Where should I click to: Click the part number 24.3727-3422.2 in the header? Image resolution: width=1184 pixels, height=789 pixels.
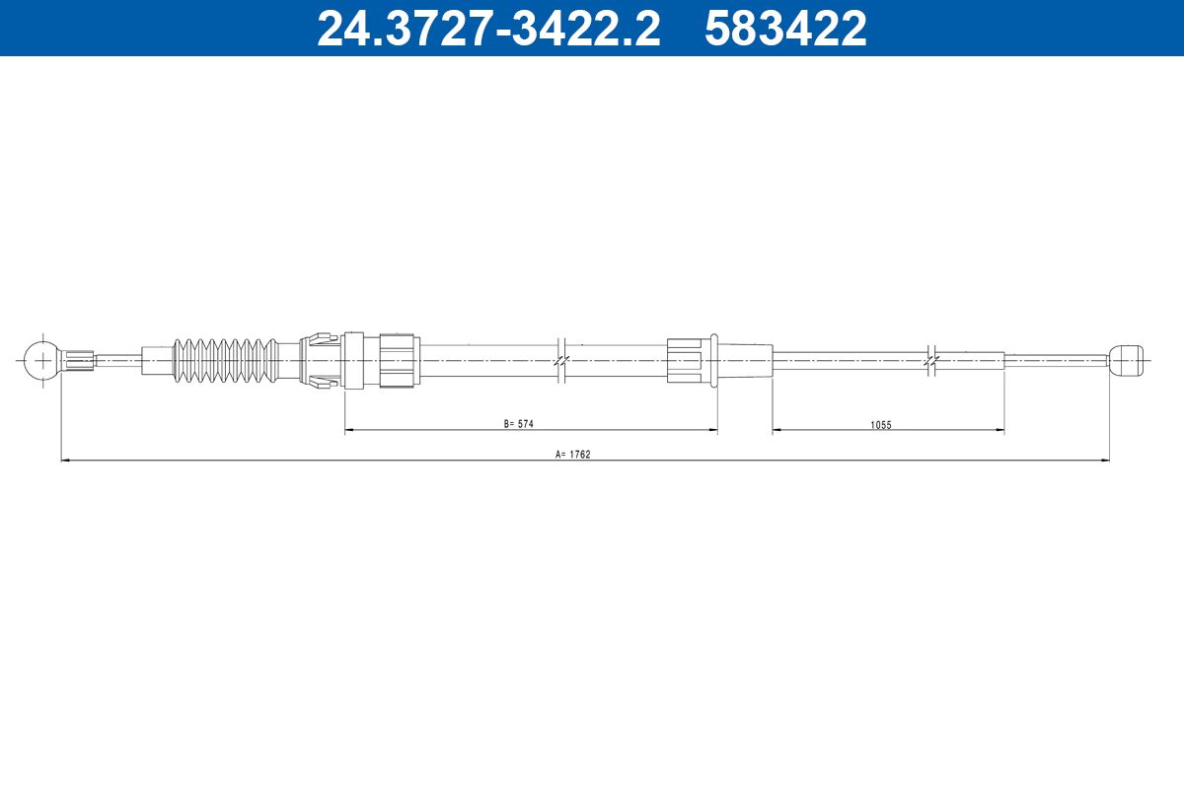coord(488,29)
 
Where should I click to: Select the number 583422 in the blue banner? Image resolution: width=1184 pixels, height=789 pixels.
coord(785,29)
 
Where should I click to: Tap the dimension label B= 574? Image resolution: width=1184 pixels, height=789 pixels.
coord(519,424)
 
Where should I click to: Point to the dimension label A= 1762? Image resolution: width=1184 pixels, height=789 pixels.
coord(573,454)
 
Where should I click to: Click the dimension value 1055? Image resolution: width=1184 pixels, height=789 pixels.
coord(880,425)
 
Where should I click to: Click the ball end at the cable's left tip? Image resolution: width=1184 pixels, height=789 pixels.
coord(42,361)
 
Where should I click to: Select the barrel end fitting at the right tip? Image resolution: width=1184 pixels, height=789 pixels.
coord(1127,360)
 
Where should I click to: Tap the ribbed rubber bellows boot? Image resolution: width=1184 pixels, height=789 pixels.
coord(226,361)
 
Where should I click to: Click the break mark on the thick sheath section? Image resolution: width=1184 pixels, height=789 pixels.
coord(561,361)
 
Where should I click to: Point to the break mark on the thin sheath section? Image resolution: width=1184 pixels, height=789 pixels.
coord(931,361)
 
